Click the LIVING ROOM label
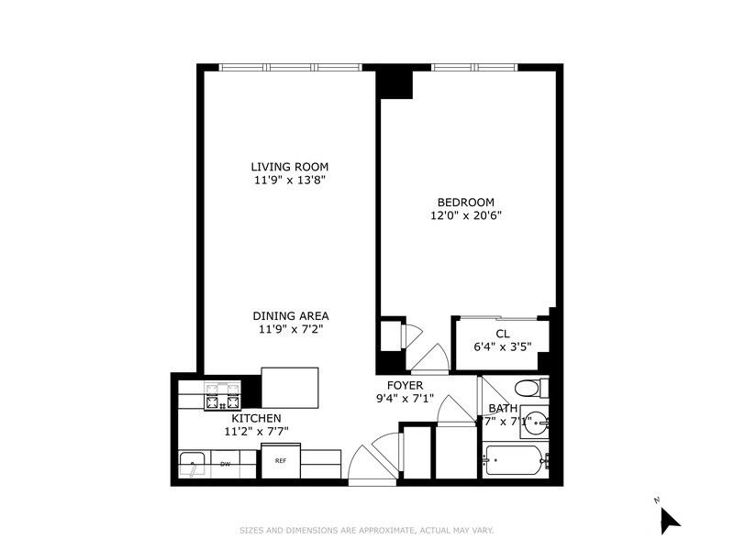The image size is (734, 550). (290, 167)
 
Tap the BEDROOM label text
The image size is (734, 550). (465, 203)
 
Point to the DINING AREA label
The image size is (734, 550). (291, 316)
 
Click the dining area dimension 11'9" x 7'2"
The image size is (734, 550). (290, 330)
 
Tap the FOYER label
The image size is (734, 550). (404, 385)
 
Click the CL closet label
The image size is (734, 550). (503, 334)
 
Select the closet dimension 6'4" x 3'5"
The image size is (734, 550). (503, 347)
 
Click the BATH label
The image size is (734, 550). (503, 409)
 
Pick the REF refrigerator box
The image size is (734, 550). (281, 461)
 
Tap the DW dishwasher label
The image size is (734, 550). (225, 464)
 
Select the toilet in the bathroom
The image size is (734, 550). (529, 388)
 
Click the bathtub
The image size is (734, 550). (516, 458)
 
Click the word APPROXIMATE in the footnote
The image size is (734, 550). (379, 530)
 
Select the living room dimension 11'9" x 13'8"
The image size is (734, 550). (290, 181)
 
